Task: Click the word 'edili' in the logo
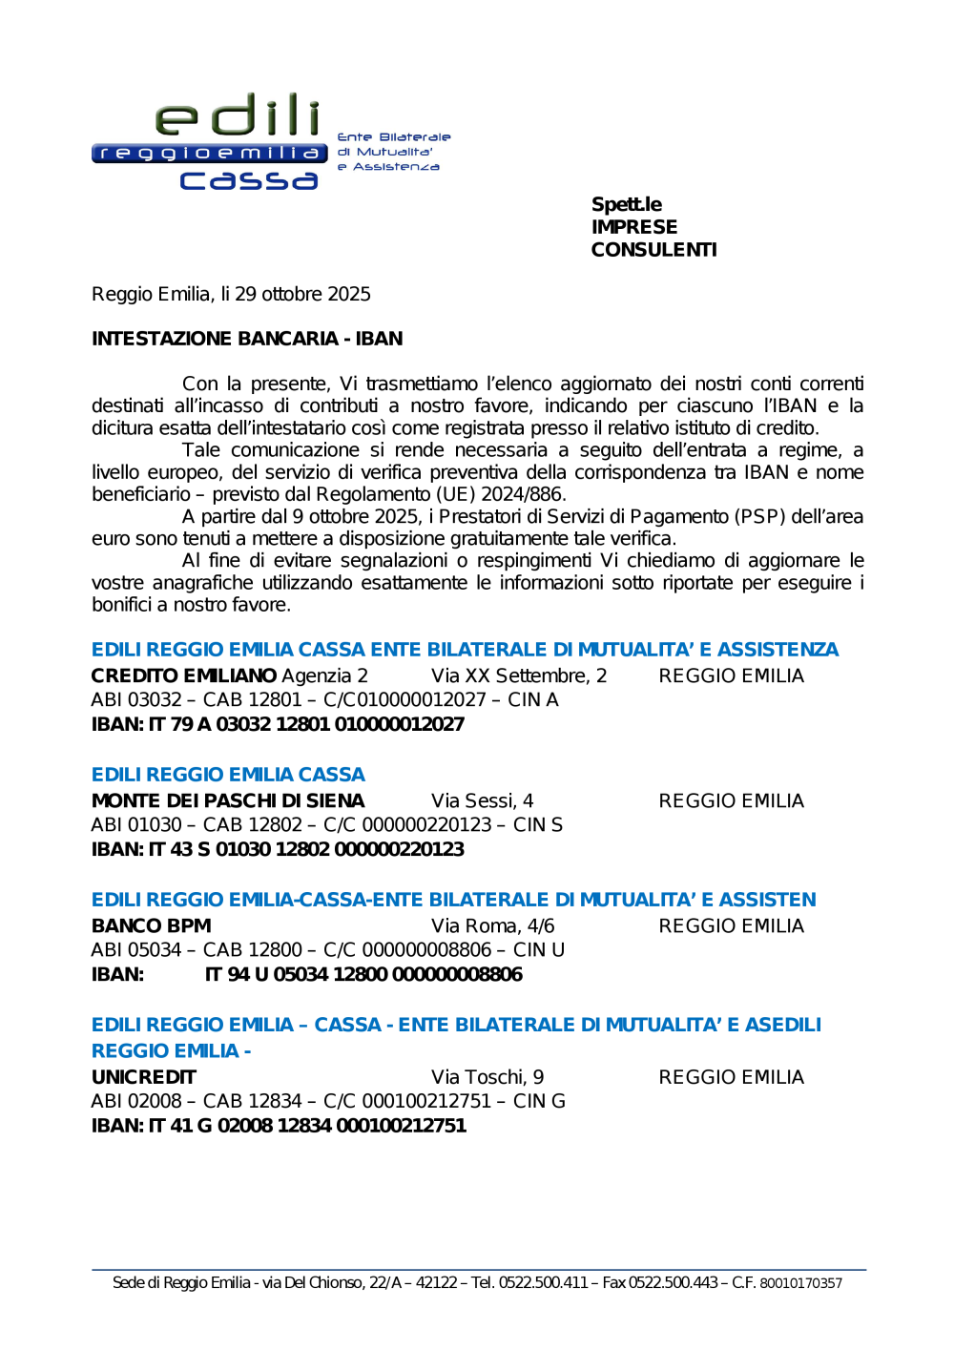click(x=238, y=116)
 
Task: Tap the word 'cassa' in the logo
click(x=248, y=179)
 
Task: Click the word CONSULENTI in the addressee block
click(x=653, y=250)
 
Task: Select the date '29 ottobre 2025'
click(x=302, y=294)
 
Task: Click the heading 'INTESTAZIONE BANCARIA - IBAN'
click(x=247, y=339)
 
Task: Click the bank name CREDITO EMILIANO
click(x=184, y=675)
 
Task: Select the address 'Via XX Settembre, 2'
click(x=519, y=675)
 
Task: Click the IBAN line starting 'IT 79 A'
click(x=278, y=724)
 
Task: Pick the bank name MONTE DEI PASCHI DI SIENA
click(x=228, y=800)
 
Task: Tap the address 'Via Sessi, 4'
click(x=482, y=800)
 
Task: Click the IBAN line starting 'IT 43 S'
click(x=278, y=849)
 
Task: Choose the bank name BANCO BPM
click(x=151, y=925)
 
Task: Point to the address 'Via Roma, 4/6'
click(x=492, y=925)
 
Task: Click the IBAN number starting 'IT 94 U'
click(x=363, y=974)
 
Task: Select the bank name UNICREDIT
click(x=143, y=1077)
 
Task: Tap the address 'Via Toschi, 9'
click(x=487, y=1077)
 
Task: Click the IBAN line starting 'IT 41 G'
click(x=279, y=1126)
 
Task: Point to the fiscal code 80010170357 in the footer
click(x=800, y=1283)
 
